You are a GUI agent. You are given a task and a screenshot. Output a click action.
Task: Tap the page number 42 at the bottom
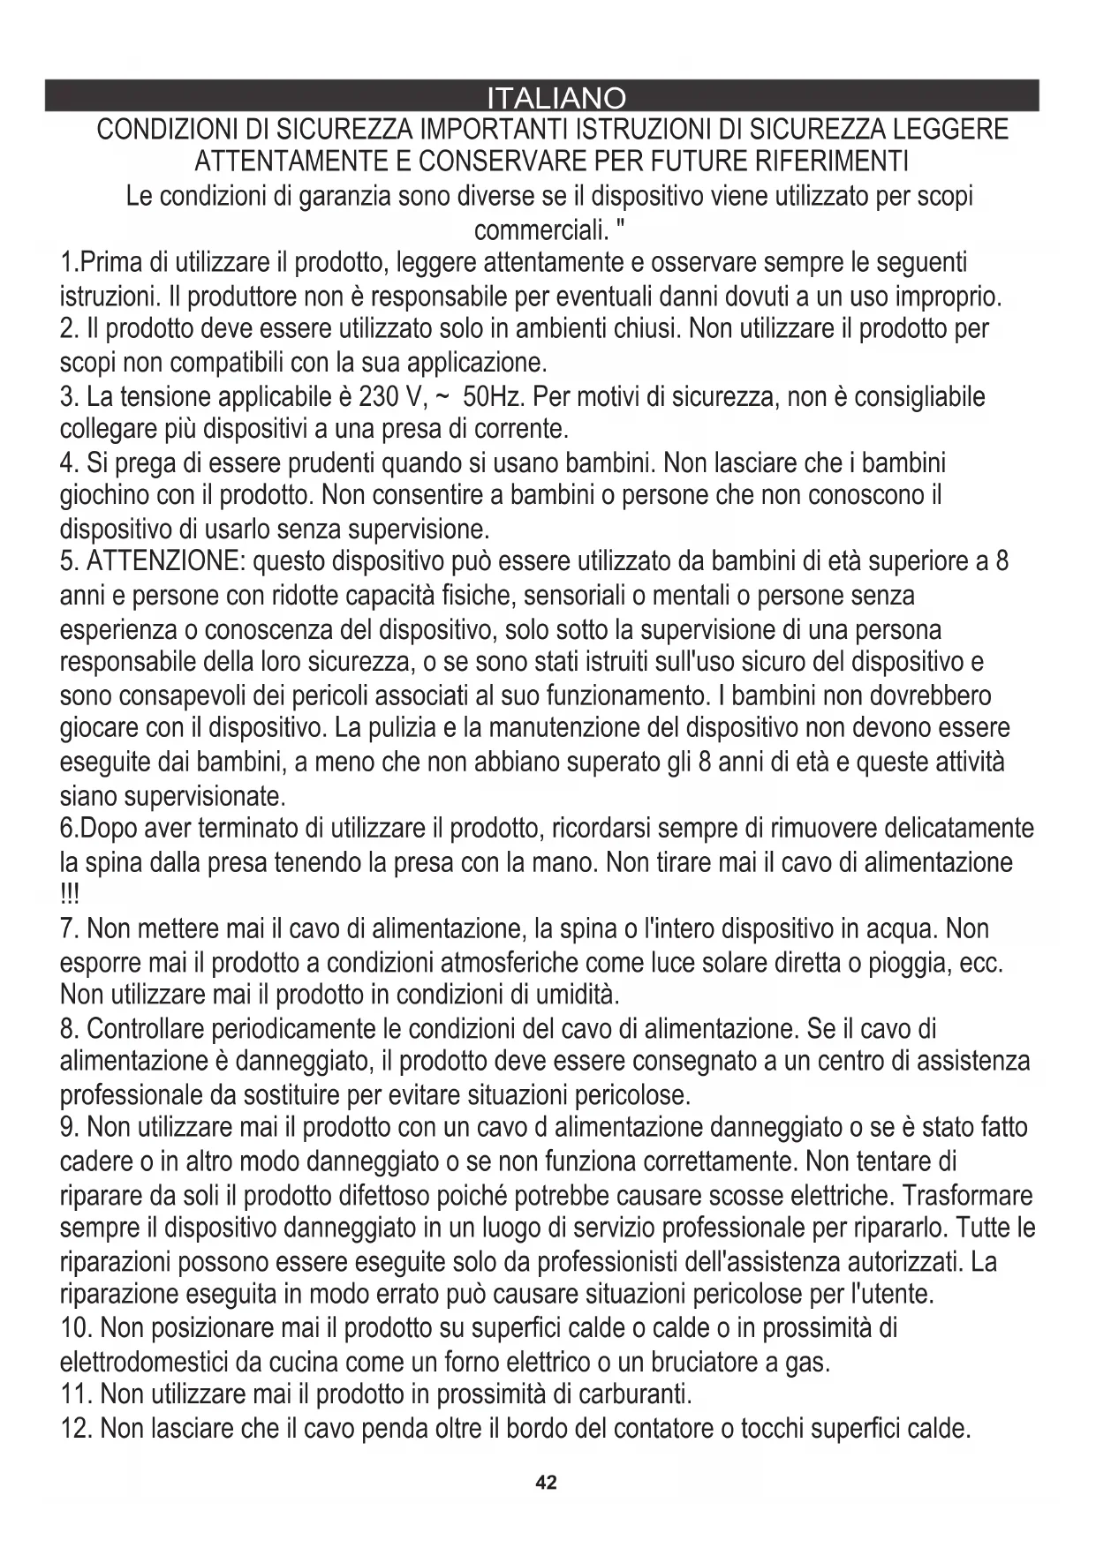click(547, 1482)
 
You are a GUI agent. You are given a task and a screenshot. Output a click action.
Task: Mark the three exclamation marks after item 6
click(69, 895)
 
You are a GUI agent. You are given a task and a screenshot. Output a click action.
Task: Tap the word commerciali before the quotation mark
click(541, 229)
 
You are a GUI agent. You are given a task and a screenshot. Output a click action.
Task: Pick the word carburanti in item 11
click(633, 1394)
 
